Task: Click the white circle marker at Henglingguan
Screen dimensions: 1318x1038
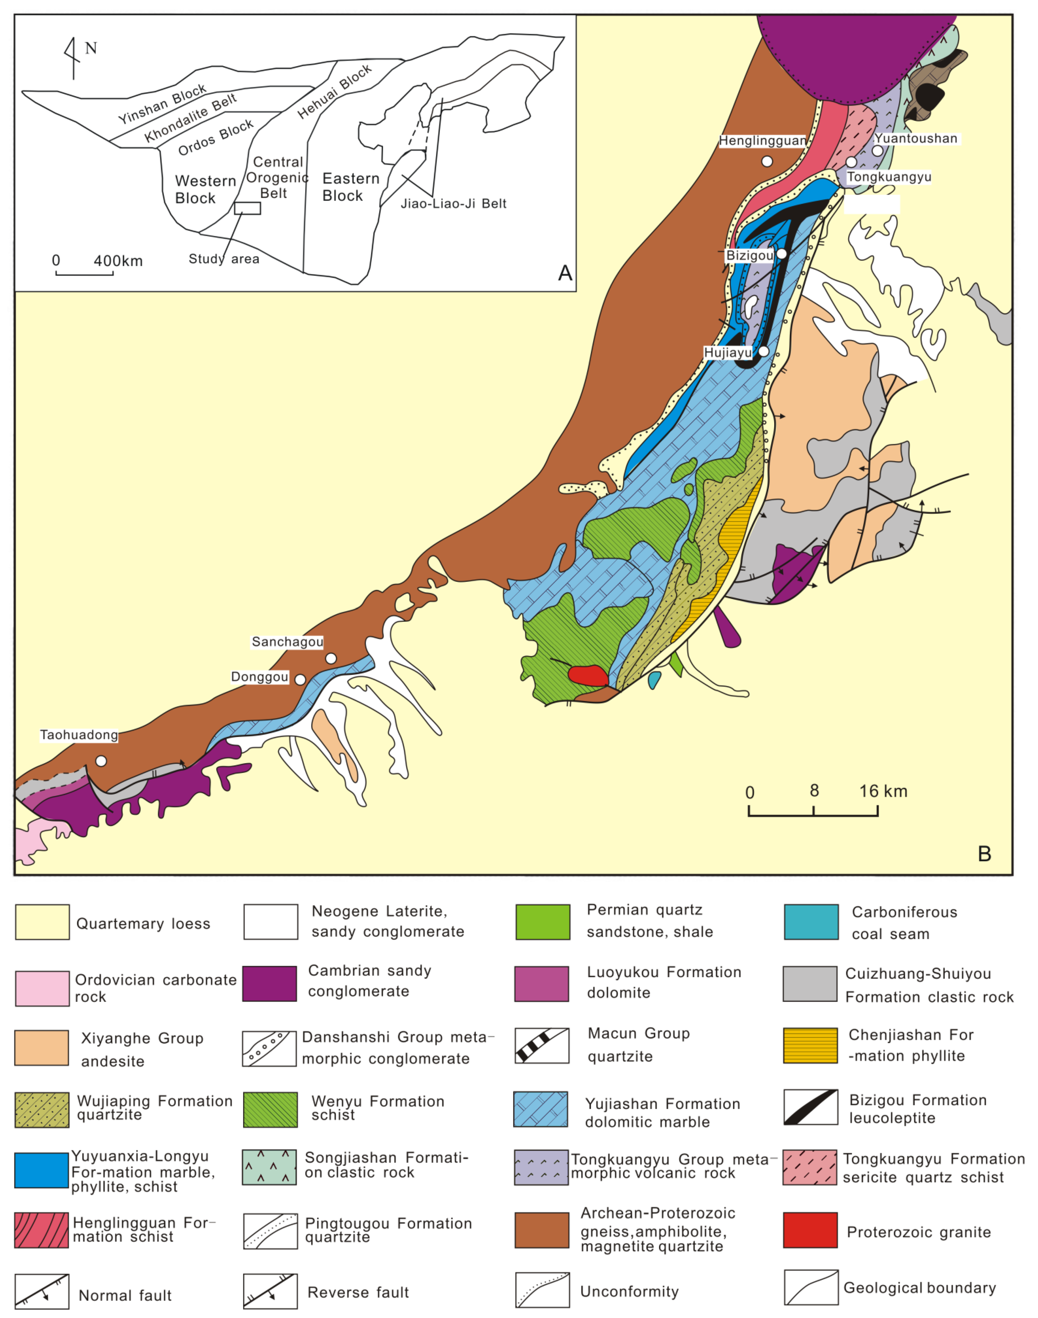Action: (767, 161)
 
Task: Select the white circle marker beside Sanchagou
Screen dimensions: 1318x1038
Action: (331, 658)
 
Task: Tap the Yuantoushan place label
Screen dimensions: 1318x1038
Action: (916, 139)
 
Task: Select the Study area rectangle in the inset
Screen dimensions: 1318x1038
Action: (247, 208)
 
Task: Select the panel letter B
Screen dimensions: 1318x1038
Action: (985, 853)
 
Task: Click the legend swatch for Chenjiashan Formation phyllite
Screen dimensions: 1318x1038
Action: (810, 1046)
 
